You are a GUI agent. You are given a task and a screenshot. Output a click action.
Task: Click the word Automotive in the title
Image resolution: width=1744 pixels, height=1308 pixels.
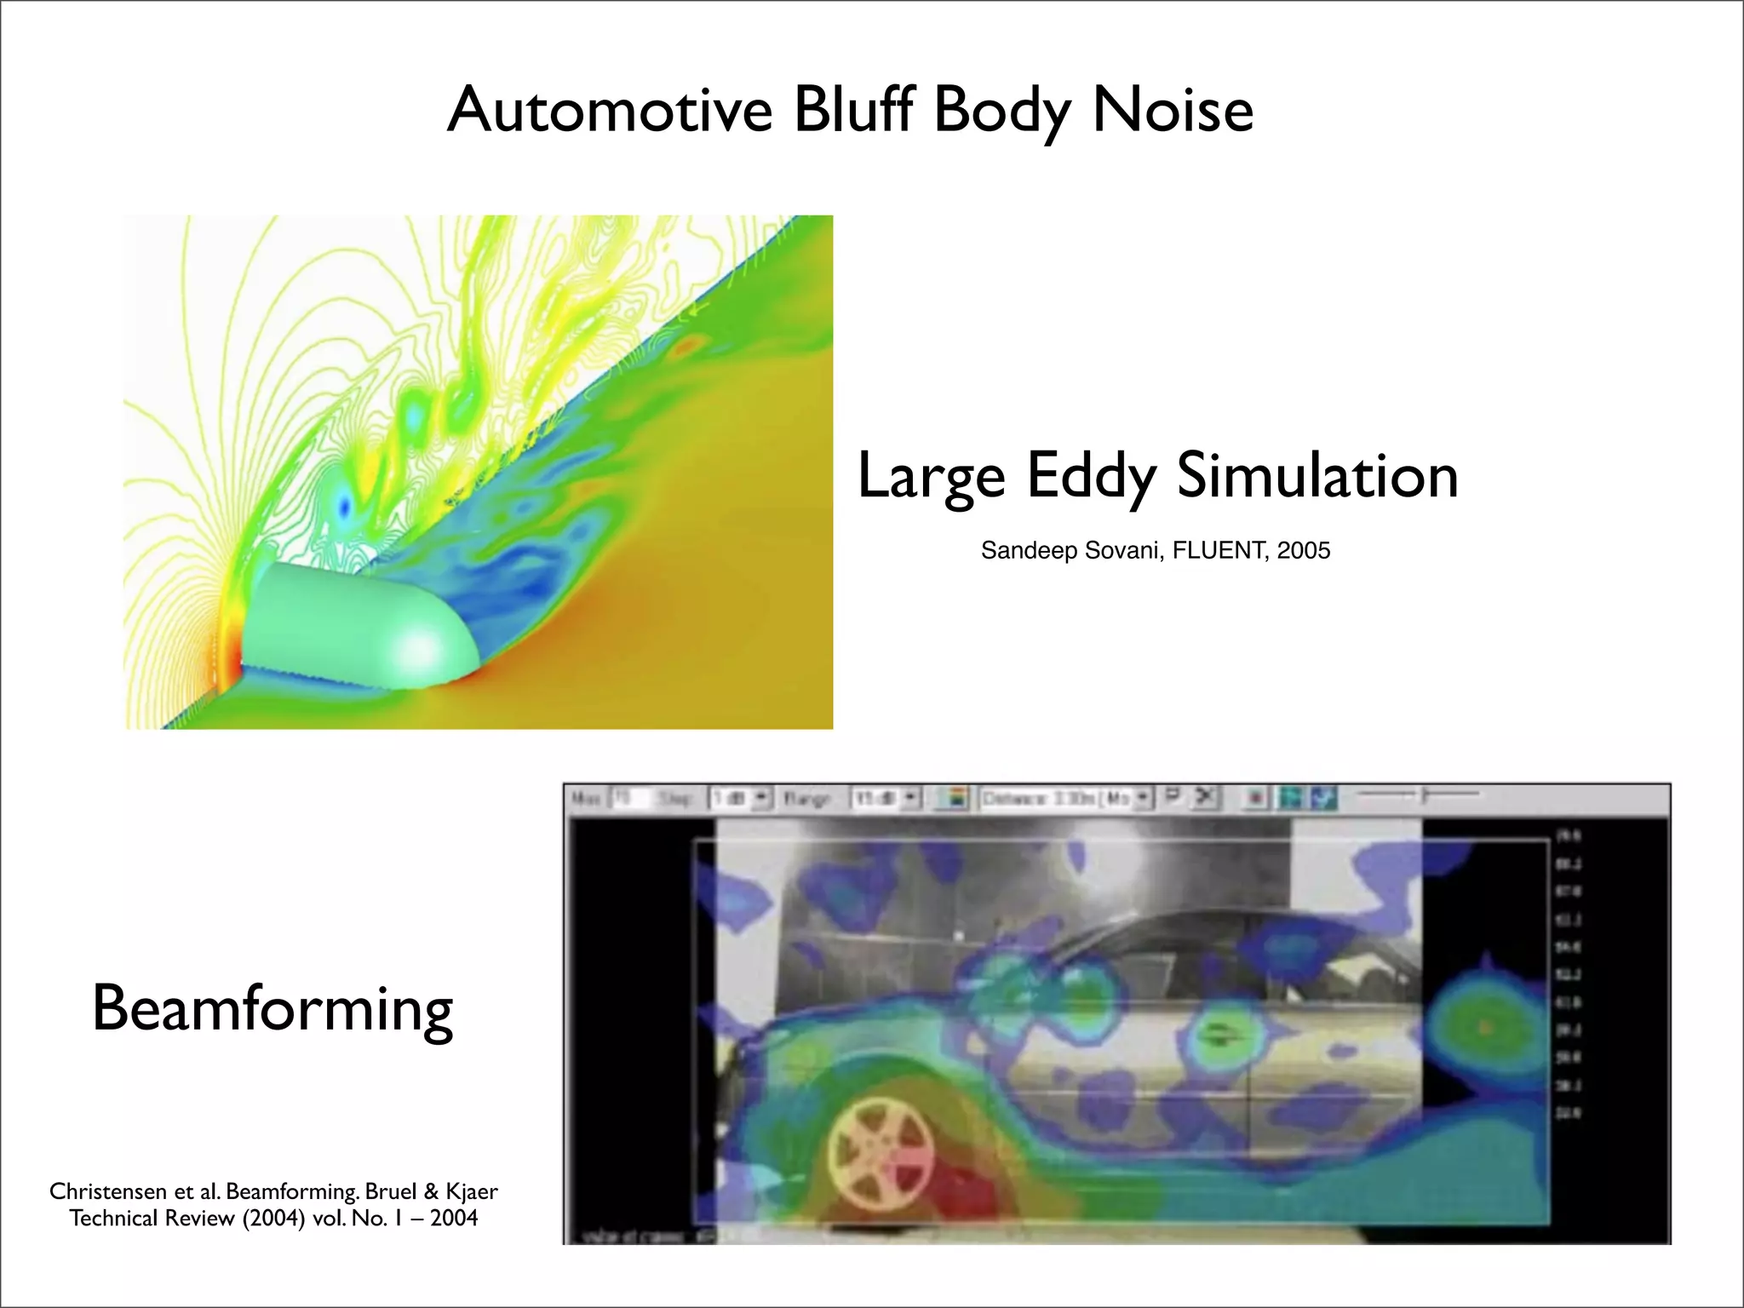pos(610,111)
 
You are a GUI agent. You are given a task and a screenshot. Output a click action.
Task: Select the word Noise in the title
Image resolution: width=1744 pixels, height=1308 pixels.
pos(1173,111)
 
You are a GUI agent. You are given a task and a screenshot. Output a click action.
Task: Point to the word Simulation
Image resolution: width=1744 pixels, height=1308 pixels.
pos(1317,477)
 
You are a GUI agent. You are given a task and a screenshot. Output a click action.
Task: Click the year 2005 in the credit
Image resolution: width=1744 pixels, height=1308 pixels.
pos(1304,551)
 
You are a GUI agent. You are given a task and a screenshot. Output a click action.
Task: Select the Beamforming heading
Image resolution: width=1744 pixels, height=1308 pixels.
pos(272,1010)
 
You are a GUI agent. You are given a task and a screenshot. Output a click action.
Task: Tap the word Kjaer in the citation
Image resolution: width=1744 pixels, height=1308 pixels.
pos(471,1191)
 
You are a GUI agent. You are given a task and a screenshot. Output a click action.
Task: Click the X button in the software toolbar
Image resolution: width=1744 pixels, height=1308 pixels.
pos(1203,798)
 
